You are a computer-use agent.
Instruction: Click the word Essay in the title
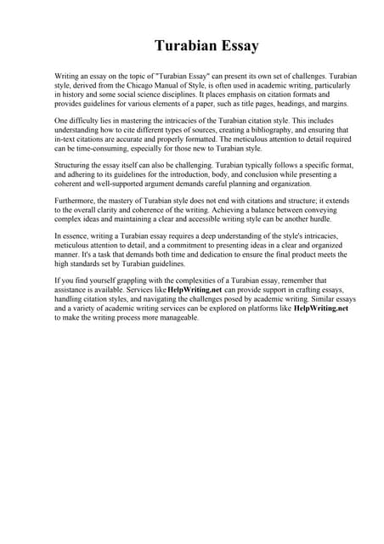pyautogui.click(x=234, y=45)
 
